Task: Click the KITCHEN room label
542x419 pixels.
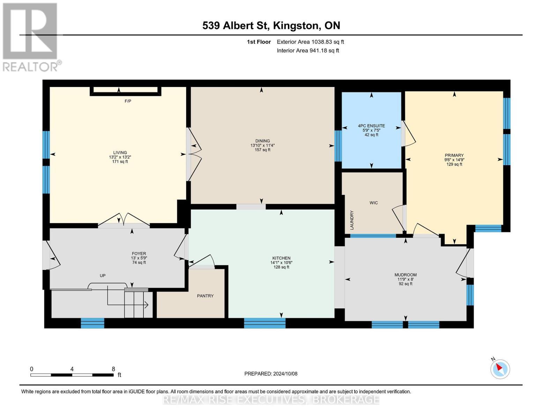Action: [281, 258]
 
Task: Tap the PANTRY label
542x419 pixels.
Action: [205, 296]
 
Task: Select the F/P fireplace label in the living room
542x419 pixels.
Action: [128, 101]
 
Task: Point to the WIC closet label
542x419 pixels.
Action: [374, 203]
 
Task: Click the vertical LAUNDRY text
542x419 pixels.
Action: [352, 220]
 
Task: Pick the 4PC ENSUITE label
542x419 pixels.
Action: [371, 126]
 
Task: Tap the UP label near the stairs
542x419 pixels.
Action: [103, 275]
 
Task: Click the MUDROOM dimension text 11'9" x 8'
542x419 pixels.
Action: [406, 279]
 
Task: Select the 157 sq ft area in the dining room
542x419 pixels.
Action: [262, 150]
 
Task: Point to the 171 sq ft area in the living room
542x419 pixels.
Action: [120, 161]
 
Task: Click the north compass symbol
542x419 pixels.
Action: [500, 369]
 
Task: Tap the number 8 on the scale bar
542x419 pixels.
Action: [113, 369]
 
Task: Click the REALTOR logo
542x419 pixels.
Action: [31, 37]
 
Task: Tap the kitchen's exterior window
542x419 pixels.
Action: [265, 323]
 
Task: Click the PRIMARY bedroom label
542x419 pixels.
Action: [454, 155]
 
